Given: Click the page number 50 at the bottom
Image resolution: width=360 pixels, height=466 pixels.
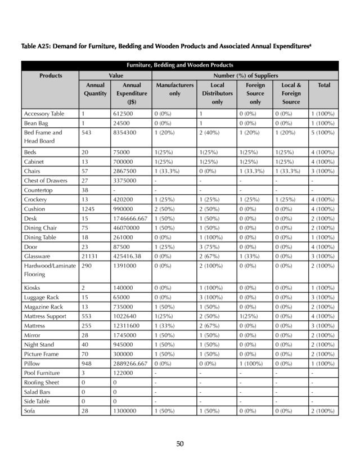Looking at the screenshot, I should point(180,444).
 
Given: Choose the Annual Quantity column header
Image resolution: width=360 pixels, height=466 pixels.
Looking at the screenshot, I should point(95,89).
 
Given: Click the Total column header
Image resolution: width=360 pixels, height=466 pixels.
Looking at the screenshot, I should point(323,85).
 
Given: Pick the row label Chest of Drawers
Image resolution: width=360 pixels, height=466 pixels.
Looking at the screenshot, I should point(46,181).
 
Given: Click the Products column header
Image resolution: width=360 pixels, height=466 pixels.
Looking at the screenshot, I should point(50,75).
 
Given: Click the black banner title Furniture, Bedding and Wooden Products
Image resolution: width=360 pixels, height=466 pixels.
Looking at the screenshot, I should point(180,65).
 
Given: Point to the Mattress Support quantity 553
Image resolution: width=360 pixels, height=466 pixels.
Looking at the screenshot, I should point(88,316).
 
